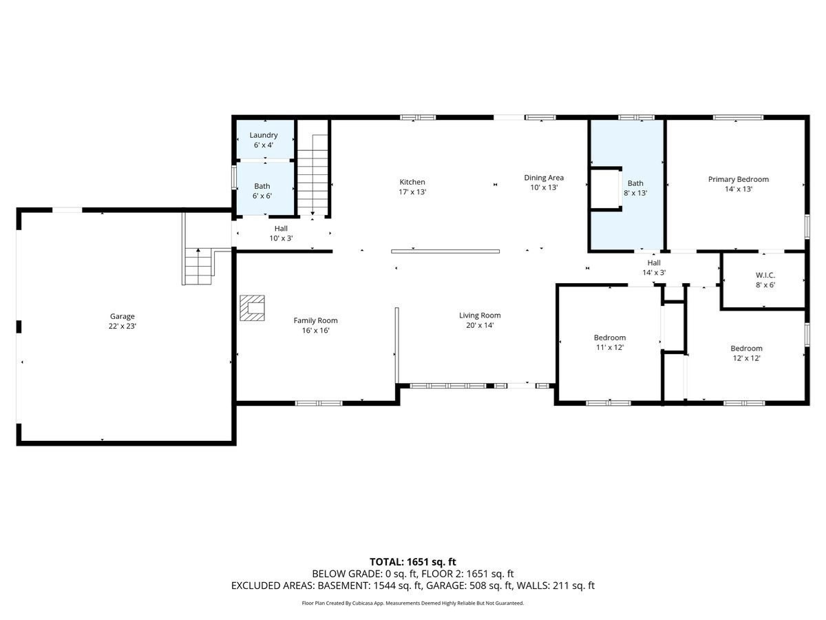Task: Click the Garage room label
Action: [123, 321]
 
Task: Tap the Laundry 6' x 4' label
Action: [264, 140]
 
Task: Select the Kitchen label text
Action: [412, 187]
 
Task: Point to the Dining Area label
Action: [544, 182]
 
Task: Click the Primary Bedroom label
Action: [738, 183]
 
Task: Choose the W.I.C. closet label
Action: [765, 280]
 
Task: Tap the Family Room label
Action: [315, 325]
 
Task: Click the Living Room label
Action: [480, 320]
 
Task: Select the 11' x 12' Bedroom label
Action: [610, 342]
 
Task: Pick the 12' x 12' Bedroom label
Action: [746, 353]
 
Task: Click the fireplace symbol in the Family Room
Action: [253, 308]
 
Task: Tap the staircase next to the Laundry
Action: [313, 176]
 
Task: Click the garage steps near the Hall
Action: [200, 265]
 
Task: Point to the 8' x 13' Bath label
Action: [635, 187]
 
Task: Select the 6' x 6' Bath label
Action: [262, 191]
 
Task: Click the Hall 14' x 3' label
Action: [653, 268]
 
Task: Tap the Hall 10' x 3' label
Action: [281, 233]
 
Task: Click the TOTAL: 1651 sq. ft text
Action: [413, 562]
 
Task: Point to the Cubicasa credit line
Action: [413, 603]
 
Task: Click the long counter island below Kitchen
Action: [445, 251]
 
